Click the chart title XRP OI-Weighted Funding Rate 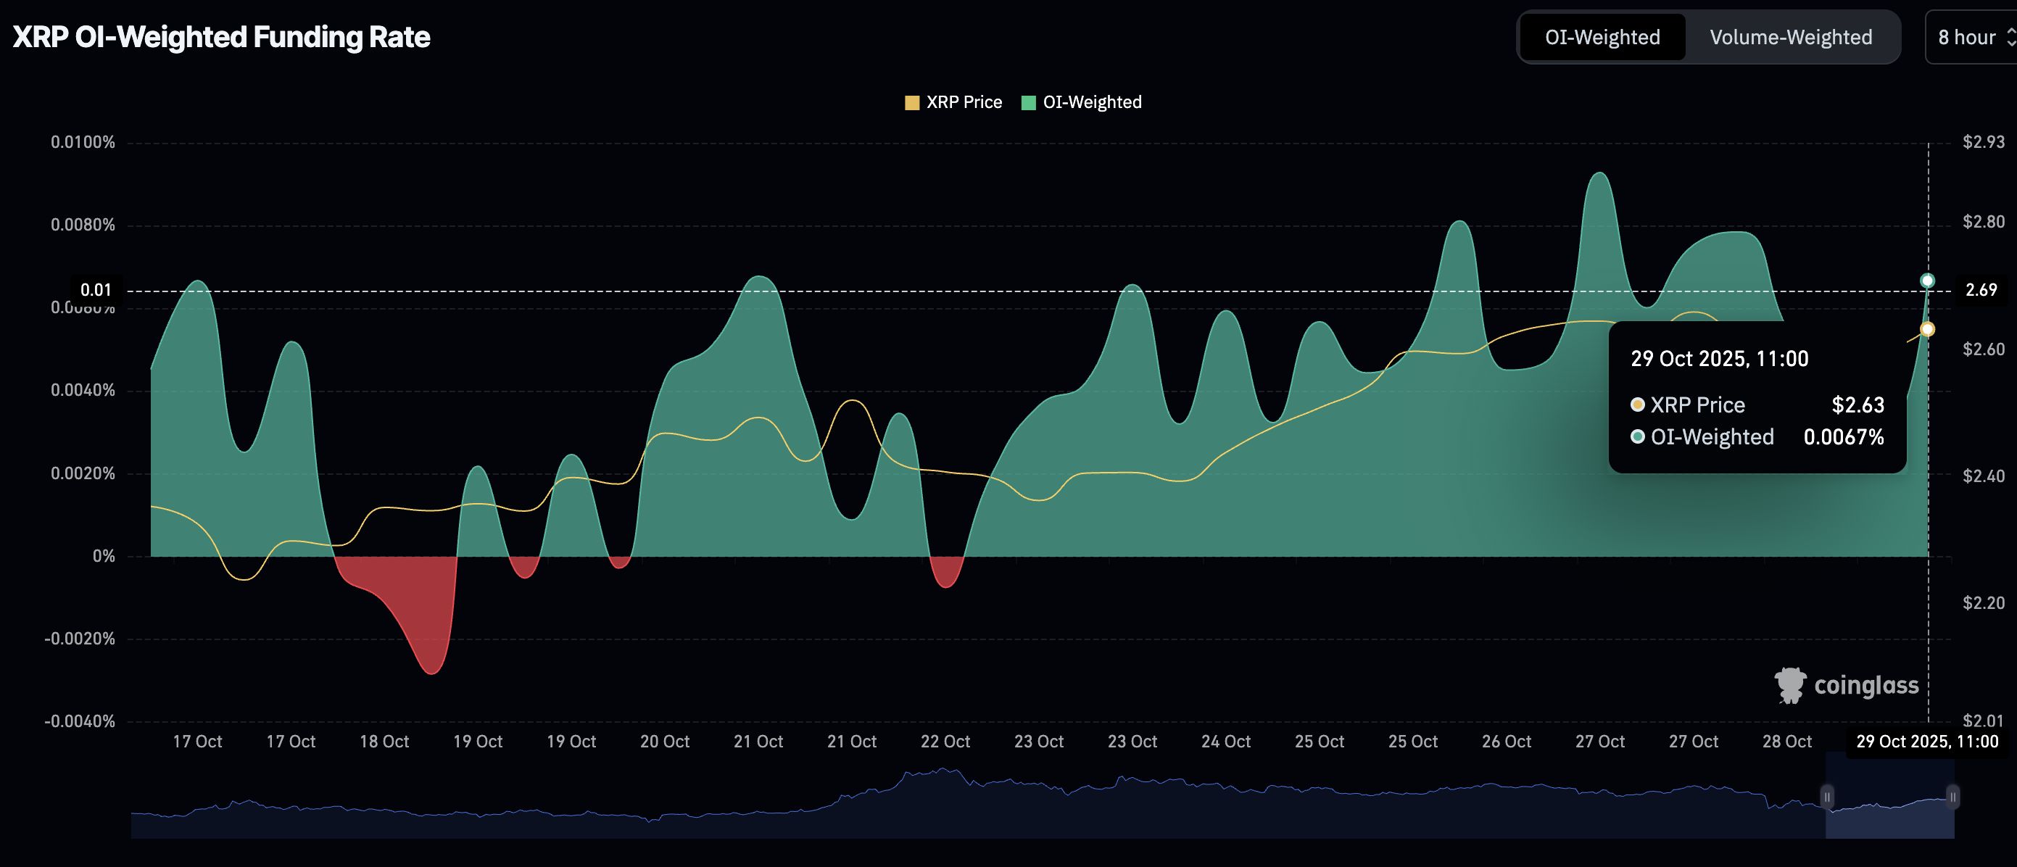tap(222, 37)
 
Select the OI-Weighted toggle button tap(1602, 37)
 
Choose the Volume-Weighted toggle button tap(1791, 37)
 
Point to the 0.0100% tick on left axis tap(83, 142)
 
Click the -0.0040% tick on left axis tap(80, 721)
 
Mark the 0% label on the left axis tap(104, 556)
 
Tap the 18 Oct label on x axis tap(384, 741)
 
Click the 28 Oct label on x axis tap(1786, 741)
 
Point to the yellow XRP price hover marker tap(1928, 329)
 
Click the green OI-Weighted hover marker tap(1928, 281)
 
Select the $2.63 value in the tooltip tap(1857, 405)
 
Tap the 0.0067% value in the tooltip tap(1843, 437)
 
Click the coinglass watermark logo tap(1847, 685)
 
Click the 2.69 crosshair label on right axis tap(1981, 290)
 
